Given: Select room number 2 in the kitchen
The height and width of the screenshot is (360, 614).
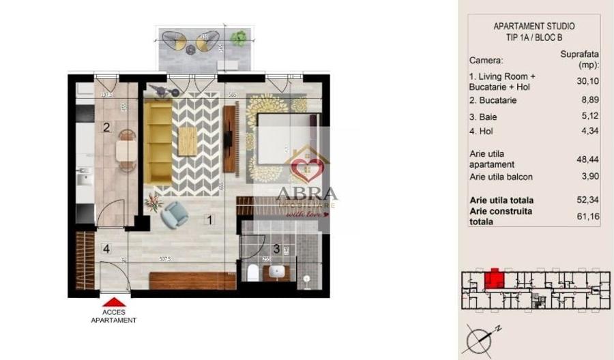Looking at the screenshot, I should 106,126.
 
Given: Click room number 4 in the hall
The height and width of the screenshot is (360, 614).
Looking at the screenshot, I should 106,248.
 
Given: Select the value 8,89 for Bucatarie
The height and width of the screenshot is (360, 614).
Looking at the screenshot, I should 580,100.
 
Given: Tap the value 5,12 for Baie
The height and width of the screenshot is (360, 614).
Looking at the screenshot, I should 580,117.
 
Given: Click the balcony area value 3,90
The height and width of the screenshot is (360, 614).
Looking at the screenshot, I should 580,177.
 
